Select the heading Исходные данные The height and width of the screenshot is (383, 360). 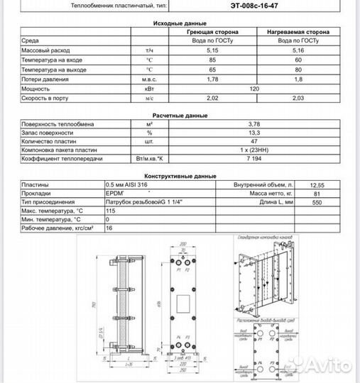pyautogui.click(x=180, y=23)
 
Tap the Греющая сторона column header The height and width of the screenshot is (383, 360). pyautogui.click(x=212, y=33)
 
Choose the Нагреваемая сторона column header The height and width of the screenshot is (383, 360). pyautogui.click(x=298, y=33)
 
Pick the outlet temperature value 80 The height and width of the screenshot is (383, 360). pyautogui.click(x=298, y=71)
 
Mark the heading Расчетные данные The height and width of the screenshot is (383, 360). pyautogui.click(x=180, y=114)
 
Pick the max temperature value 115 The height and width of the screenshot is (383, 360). pyautogui.click(x=111, y=211)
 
